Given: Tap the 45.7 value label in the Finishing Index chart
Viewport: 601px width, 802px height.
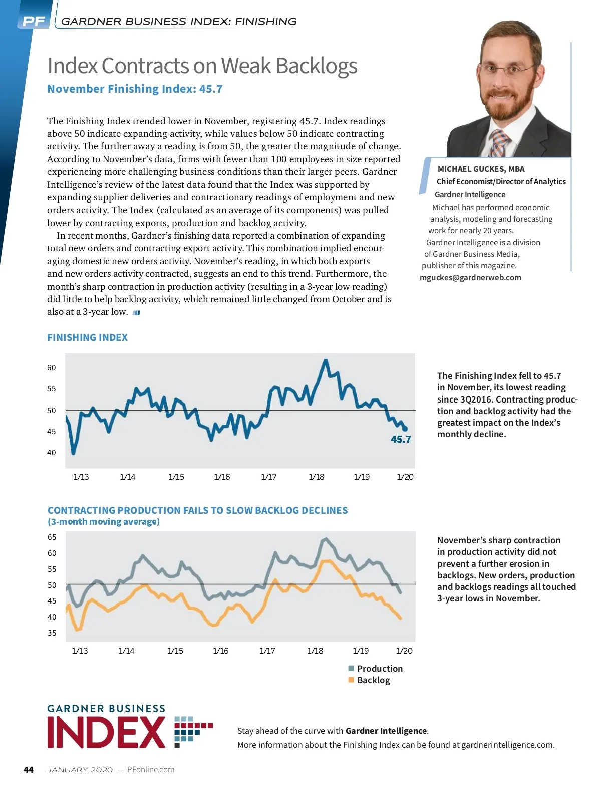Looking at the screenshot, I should coord(401,440).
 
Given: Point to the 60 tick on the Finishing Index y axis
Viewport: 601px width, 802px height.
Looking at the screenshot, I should coord(52,368).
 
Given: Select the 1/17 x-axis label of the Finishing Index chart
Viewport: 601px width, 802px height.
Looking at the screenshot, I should coord(269,477).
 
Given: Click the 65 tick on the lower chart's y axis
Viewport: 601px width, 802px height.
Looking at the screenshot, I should coord(52,537).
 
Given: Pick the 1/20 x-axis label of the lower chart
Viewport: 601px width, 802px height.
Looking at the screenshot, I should coord(404,651).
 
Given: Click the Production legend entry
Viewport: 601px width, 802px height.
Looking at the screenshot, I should coord(379,669).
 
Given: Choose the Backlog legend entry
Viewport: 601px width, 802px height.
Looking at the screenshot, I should coord(373,680).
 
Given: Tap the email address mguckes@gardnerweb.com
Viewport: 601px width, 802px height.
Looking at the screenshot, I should coord(470,278).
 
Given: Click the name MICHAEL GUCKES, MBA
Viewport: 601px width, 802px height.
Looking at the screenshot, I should coord(481,169).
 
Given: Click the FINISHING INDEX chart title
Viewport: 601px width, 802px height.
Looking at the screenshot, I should coord(88,338).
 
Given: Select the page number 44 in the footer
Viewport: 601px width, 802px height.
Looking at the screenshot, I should coord(29,770).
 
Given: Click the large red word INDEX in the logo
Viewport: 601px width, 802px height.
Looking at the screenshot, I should coord(107,732).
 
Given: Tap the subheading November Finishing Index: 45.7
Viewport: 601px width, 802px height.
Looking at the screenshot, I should coord(135,89).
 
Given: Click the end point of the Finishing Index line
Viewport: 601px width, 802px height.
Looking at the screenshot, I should coord(405,429).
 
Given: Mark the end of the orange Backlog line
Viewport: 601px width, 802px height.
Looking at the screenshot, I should coord(400,619).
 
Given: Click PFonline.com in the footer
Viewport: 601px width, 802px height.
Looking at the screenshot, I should coord(151,770).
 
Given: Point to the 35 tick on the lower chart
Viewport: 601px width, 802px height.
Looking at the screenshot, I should coord(52,633).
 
